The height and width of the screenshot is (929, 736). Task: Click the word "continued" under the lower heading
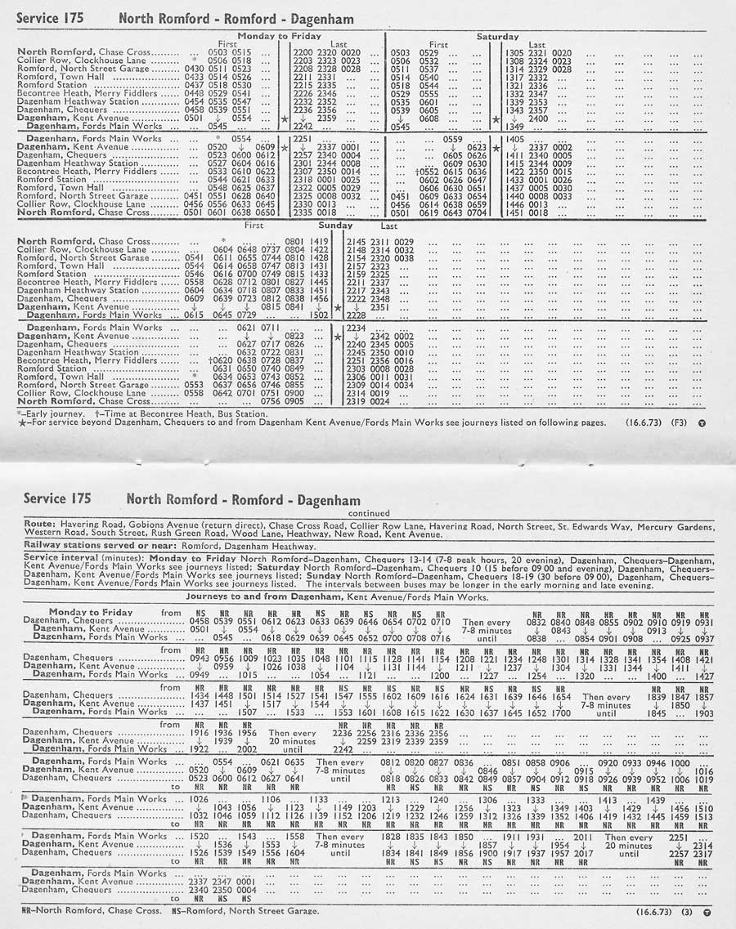pyautogui.click(x=370, y=513)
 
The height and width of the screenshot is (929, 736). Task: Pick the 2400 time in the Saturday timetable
pyautogui.click(x=538, y=118)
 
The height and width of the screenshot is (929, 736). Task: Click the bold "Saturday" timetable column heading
pyautogui.click(x=498, y=37)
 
